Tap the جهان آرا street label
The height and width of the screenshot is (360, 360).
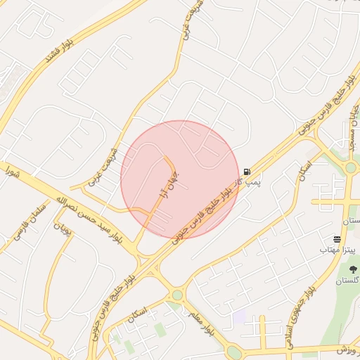click(173, 184)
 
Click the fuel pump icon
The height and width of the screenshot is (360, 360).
click(247, 172)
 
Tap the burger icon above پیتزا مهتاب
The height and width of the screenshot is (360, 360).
click(337, 240)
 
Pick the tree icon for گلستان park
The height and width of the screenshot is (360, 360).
click(353, 269)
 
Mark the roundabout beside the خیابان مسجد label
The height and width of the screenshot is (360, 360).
click(350, 167)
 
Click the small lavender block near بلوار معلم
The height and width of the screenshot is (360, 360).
click(240, 317)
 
